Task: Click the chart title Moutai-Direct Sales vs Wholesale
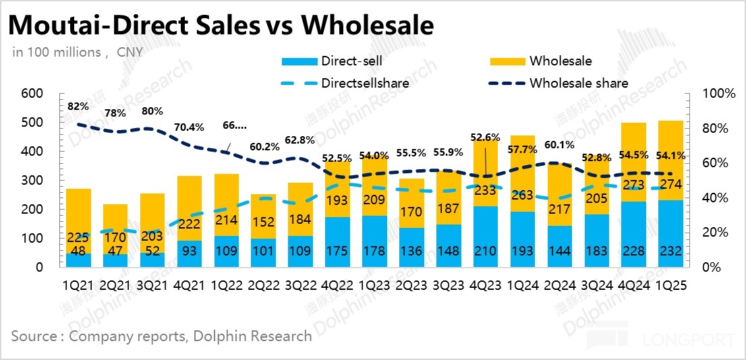(x=220, y=25)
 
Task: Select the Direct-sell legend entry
(x=351, y=61)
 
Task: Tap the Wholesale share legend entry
(x=579, y=84)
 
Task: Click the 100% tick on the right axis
(x=720, y=94)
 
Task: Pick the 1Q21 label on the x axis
(x=79, y=285)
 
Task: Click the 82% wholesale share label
(x=78, y=106)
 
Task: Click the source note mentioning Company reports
(x=161, y=336)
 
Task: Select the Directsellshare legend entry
(x=365, y=84)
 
